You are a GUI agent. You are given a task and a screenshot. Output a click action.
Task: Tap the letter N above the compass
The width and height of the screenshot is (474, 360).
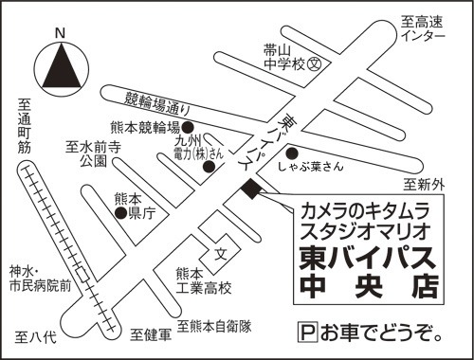point(60,33)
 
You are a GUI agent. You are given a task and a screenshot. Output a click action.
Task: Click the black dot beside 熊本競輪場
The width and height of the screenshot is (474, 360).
point(188,128)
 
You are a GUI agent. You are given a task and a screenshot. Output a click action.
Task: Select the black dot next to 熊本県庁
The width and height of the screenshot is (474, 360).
point(121,213)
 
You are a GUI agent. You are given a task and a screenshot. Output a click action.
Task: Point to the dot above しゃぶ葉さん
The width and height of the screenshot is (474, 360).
point(292,153)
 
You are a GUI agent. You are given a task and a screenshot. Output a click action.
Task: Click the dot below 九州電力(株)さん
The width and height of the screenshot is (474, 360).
point(209,167)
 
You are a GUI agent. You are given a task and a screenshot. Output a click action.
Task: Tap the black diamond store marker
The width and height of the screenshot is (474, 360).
point(251,189)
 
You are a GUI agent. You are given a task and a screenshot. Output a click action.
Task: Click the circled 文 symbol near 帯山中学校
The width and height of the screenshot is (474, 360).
point(315,64)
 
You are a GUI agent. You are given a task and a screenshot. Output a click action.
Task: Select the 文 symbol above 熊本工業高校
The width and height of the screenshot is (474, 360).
point(221,253)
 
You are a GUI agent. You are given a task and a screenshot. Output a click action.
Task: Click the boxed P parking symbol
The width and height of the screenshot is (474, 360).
point(308,332)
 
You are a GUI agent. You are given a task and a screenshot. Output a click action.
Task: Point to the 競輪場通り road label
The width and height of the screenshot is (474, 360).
point(157,103)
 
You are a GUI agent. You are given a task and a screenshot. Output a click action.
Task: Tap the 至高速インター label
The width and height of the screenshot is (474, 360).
point(423,28)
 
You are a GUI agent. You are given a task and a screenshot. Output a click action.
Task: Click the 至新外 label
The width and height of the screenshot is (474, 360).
point(424,185)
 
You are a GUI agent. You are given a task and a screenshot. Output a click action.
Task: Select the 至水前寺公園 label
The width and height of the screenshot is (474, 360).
point(94,154)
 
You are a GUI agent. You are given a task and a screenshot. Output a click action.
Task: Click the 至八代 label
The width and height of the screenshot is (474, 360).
point(36,337)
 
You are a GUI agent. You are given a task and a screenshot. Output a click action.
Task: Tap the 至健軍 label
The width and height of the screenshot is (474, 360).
point(151,334)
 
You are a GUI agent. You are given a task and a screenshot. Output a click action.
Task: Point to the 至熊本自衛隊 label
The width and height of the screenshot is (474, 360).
point(214,326)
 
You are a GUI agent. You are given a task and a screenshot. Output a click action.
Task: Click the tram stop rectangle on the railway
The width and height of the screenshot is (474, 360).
point(83,275)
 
